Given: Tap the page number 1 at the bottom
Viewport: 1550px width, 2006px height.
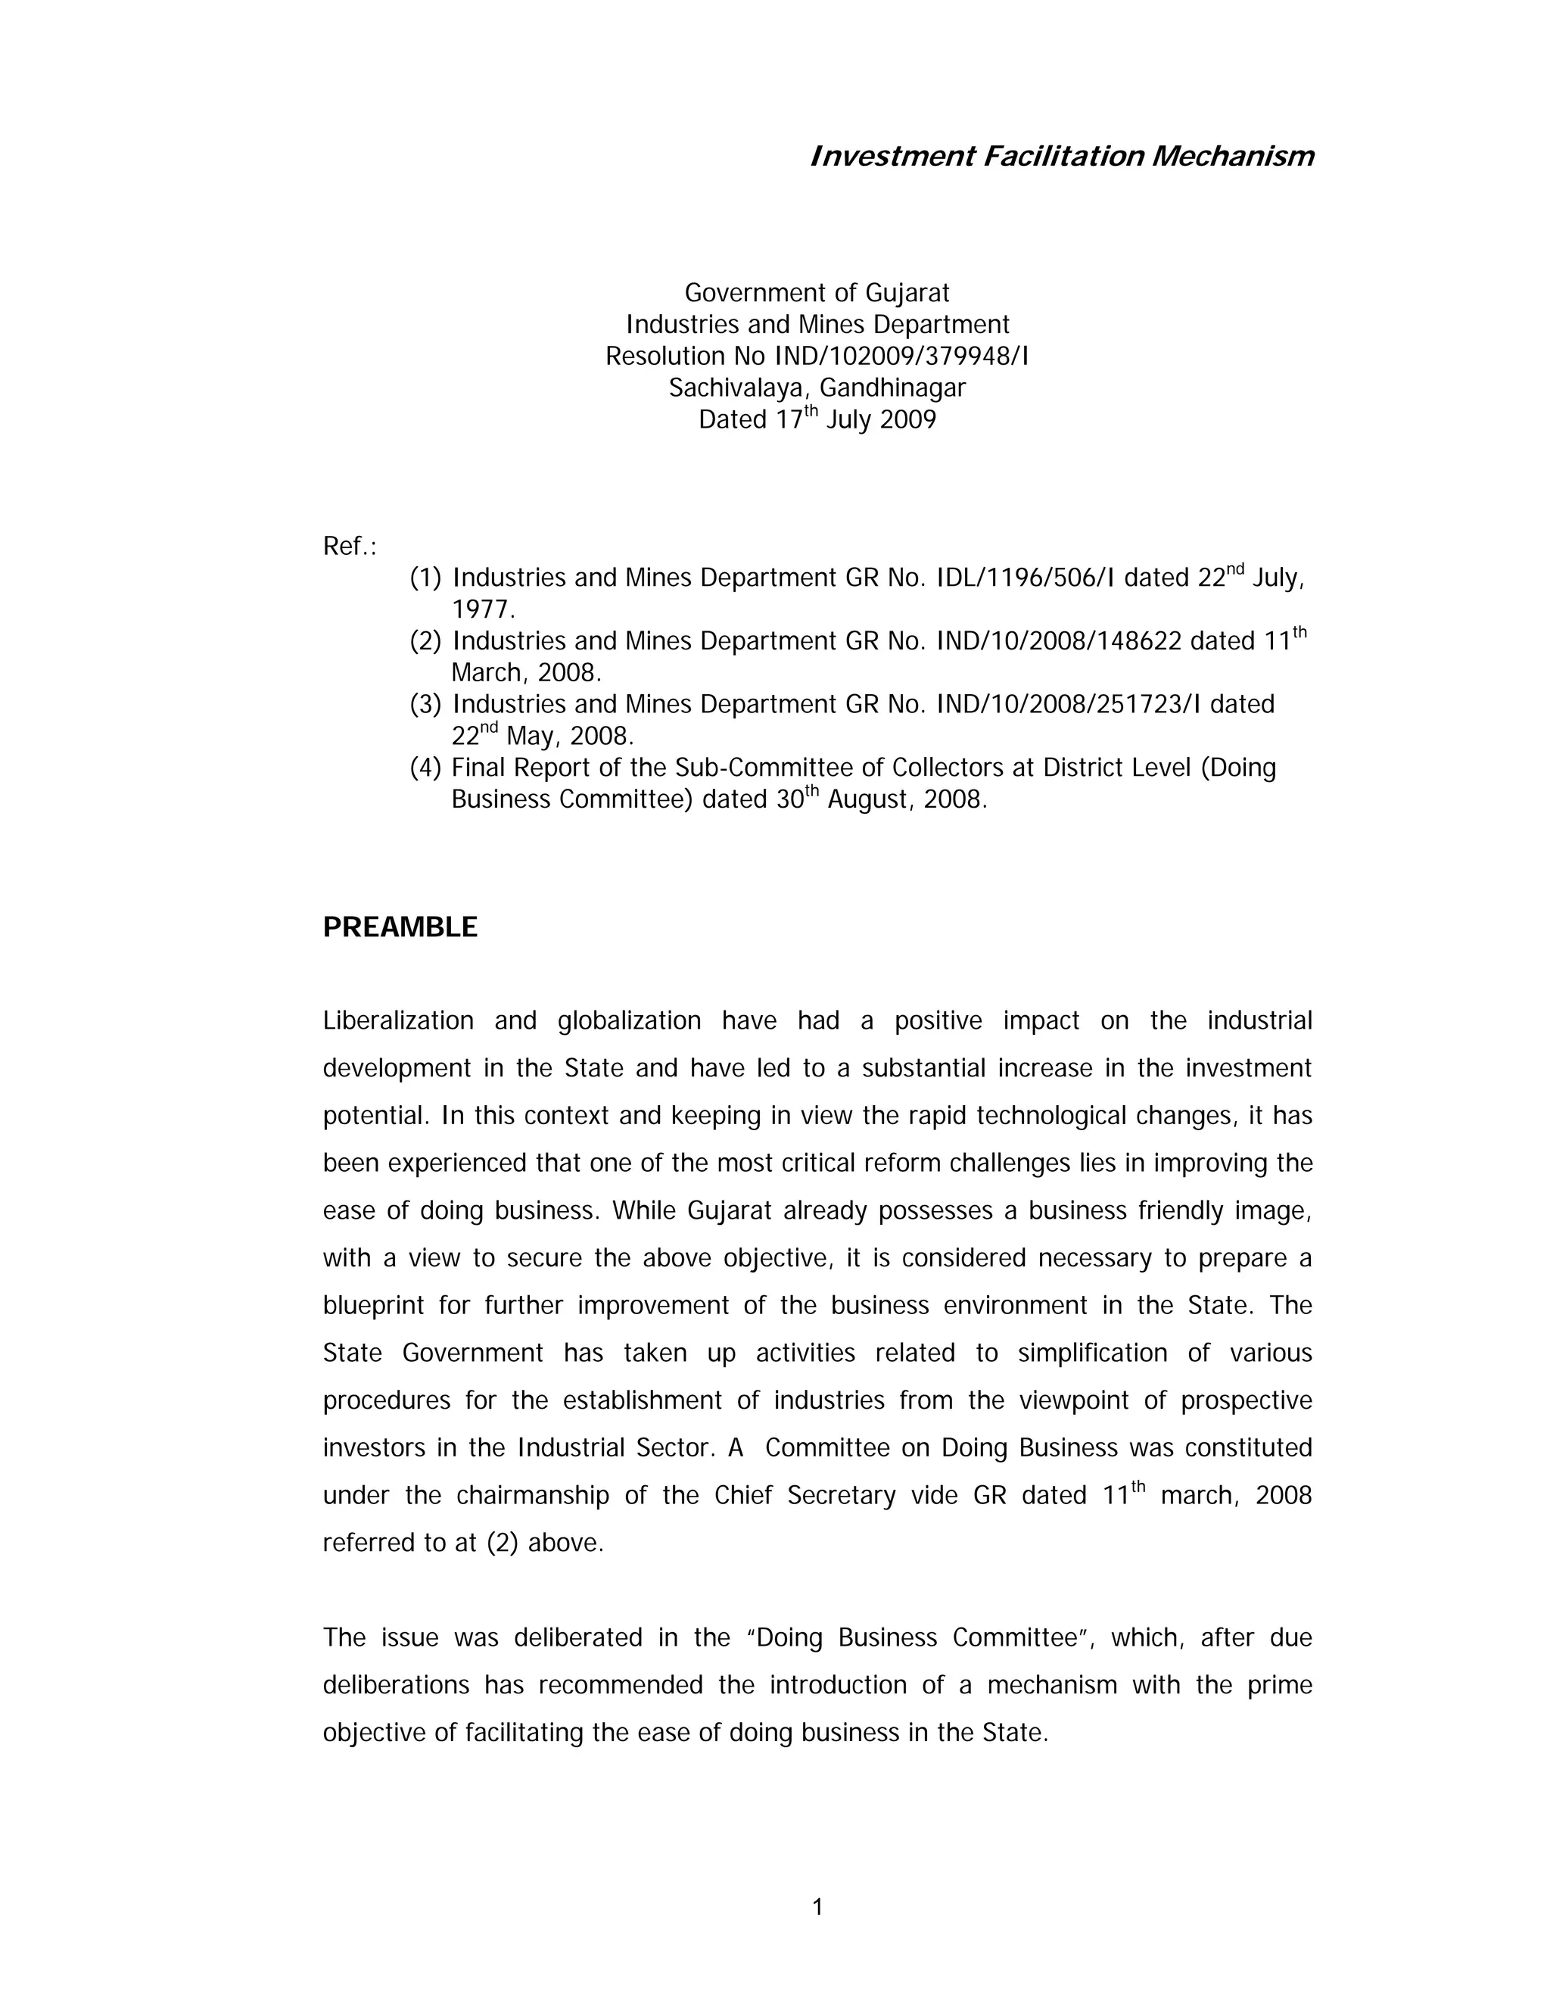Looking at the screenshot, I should (817, 1908).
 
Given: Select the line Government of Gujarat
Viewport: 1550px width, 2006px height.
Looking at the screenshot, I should (817, 293).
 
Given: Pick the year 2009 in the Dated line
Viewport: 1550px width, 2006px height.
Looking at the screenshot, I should (907, 420).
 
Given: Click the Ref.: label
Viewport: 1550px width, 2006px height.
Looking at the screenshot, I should (350, 547).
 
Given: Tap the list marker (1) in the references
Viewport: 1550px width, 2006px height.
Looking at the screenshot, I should (425, 578).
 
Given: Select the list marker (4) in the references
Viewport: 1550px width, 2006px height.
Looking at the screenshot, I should (425, 767).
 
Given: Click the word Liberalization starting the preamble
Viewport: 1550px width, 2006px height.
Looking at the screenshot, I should (397, 1020).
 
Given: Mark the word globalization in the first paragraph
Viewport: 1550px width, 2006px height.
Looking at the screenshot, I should (629, 1020).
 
